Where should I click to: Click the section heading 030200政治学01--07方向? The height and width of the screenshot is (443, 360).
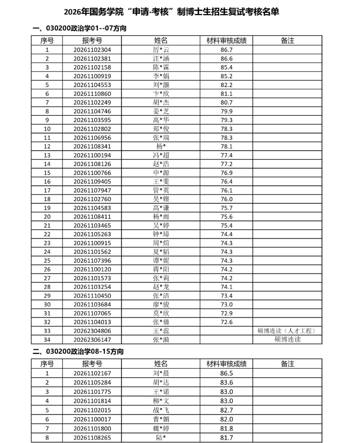79,28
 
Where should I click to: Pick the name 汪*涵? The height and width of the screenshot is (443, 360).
161,59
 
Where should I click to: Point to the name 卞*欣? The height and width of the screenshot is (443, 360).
161,94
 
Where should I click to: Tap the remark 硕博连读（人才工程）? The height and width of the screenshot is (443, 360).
287,331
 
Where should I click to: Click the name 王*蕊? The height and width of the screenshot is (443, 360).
161,331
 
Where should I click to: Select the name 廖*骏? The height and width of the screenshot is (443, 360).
161,305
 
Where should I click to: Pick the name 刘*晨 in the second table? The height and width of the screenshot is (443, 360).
161,373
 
